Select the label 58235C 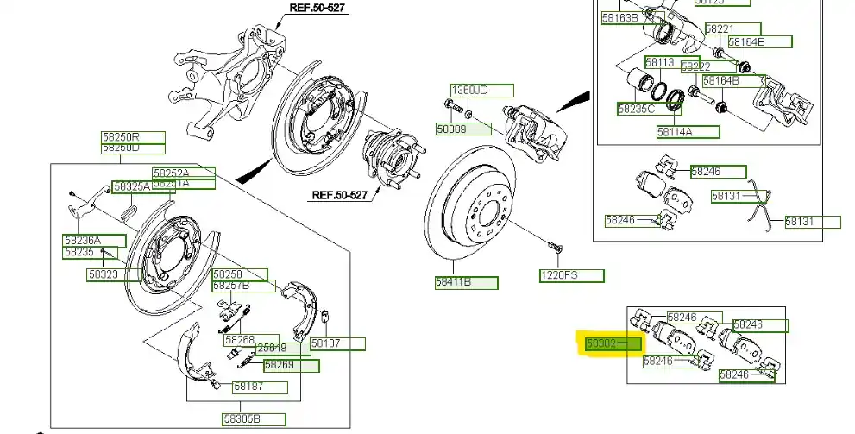click(637, 109)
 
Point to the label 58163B click(620, 17)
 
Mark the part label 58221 click(720, 28)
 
